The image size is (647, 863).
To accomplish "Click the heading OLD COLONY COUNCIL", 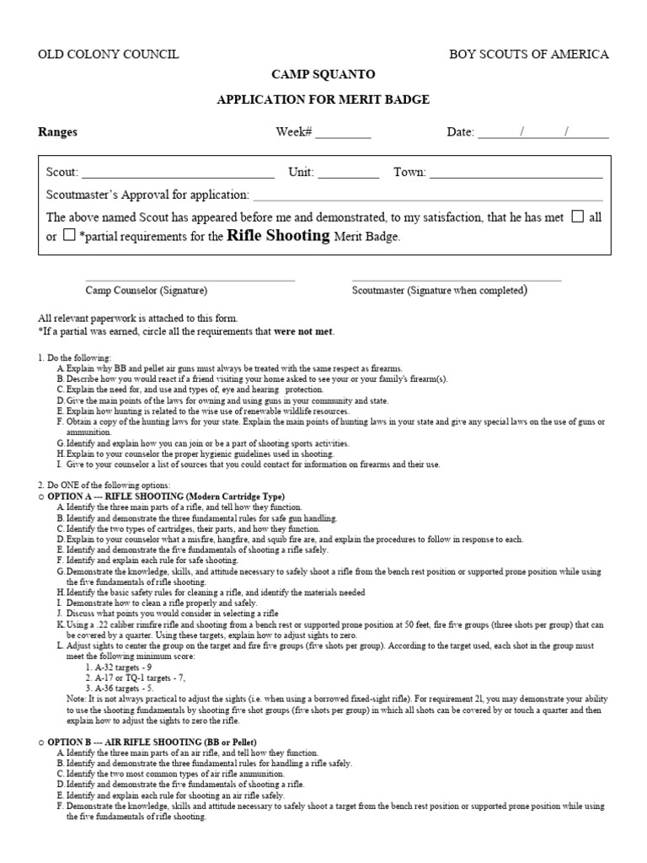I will coord(109,55).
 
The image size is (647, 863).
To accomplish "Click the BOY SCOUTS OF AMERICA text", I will coord(528,55).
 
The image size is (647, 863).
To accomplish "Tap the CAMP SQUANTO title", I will coord(323,75).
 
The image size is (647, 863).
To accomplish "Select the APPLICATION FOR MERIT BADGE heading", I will coord(323,99).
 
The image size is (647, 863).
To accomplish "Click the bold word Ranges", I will coord(58,132).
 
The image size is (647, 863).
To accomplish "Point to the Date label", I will coord(460,132).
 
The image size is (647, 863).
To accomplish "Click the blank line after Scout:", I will coord(178,175).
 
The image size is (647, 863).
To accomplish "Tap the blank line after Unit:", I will coord(348,175).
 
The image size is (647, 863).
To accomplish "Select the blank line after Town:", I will coord(516,175).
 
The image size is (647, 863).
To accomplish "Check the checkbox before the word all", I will coord(577,217).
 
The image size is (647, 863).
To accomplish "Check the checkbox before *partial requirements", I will coord(69,236).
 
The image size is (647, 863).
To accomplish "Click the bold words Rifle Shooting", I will coord(279,236).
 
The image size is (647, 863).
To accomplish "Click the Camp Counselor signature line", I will coord(190,280).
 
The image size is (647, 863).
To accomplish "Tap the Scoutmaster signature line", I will coord(456,280).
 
